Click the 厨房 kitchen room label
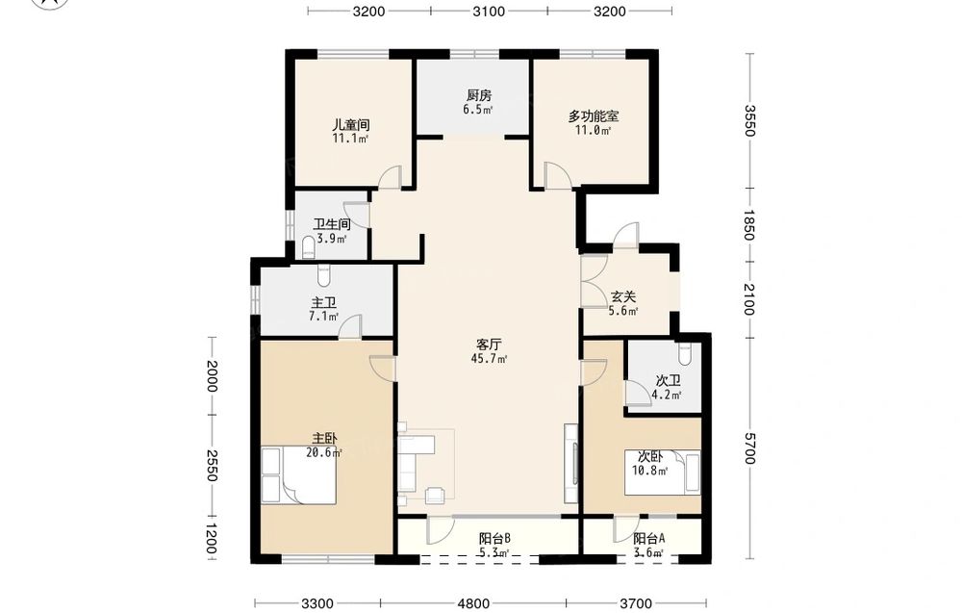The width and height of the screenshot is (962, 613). [479, 95]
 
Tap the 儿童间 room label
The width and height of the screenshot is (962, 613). [351, 124]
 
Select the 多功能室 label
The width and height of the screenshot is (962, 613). [594, 116]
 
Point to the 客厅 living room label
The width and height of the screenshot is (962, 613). [489, 345]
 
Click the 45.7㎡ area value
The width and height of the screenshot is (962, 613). [489, 359]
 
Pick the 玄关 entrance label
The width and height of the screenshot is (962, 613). [623, 297]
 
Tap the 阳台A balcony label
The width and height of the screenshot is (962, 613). [649, 539]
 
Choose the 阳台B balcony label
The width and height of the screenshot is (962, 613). [494, 539]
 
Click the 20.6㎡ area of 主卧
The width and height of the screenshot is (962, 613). [324, 453]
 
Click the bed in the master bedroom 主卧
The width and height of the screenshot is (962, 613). [299, 475]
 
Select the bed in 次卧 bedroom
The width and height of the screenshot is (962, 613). [663, 472]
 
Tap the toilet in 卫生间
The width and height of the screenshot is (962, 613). [309, 248]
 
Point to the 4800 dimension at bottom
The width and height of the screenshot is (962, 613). [473, 603]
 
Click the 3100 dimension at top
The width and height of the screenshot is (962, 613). [489, 11]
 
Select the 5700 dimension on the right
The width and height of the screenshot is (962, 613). [749, 448]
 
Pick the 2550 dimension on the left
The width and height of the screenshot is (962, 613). [212, 466]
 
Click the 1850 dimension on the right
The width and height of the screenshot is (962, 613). [749, 225]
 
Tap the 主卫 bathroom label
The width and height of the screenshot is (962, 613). [324, 303]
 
